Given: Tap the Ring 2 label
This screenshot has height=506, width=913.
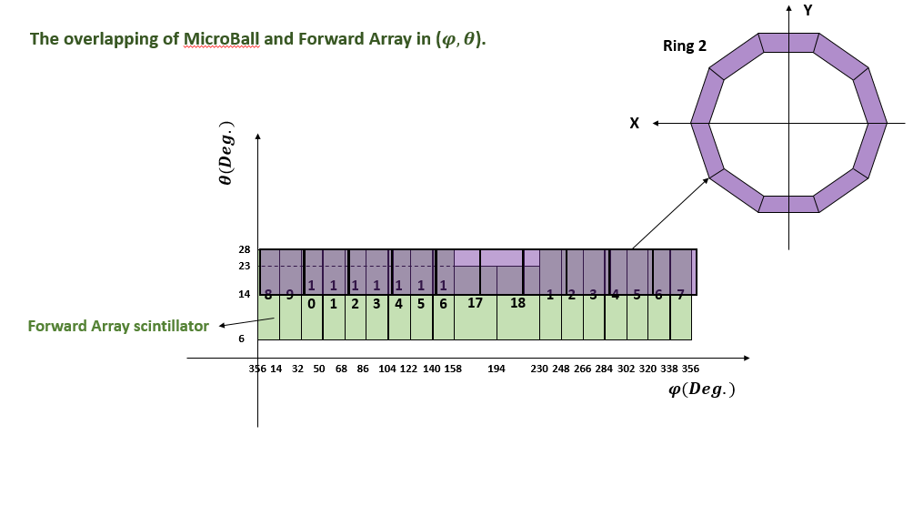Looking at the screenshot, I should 684,46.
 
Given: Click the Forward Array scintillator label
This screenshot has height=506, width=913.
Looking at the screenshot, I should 118,325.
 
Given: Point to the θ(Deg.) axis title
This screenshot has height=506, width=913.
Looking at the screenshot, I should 226,154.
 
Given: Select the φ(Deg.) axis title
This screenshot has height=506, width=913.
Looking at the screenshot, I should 701,389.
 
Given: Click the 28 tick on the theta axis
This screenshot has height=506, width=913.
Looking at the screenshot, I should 245,249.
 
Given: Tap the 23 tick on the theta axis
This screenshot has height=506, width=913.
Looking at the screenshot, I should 245,266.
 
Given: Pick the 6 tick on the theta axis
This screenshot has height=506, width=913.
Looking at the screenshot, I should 241,339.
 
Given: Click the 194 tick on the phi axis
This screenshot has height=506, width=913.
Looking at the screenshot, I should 497,369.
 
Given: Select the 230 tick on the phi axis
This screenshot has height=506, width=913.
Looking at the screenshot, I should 538,369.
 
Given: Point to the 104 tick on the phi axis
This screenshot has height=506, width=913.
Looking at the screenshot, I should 386,369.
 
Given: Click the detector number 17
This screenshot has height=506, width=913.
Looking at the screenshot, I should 475,303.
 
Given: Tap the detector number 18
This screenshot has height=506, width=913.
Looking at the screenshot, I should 517,303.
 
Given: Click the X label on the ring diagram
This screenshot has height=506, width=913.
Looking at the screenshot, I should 634,123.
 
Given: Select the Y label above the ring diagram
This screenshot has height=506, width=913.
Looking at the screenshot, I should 806,10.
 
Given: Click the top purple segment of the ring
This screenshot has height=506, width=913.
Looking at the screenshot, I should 788,43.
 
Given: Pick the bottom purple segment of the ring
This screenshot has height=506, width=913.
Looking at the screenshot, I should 788,204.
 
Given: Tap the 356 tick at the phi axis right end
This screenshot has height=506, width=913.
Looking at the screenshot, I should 691,369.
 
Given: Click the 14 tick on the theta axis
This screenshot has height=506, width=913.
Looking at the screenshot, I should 245,295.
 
